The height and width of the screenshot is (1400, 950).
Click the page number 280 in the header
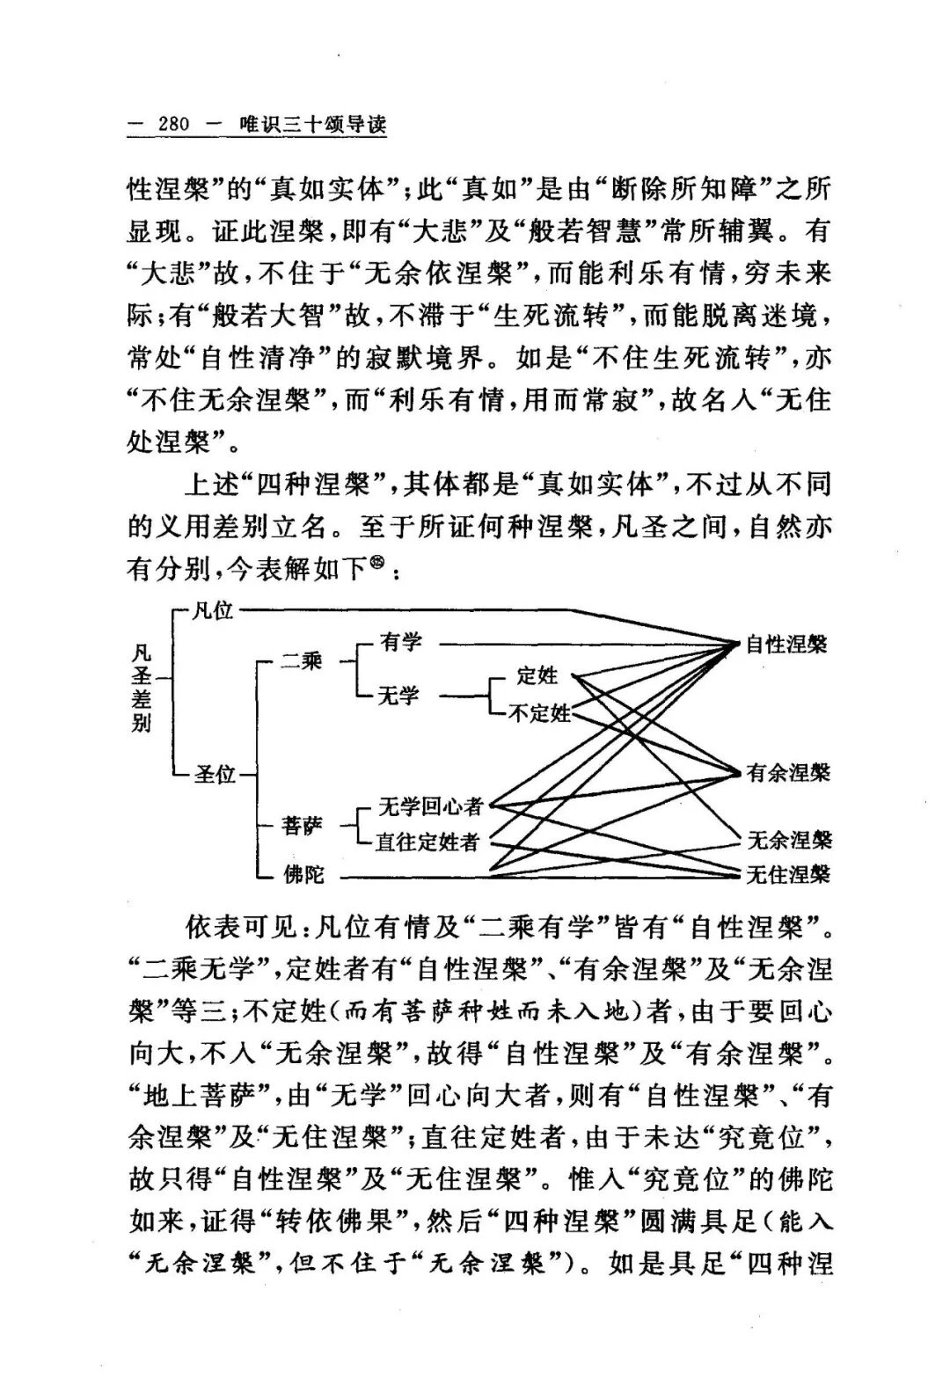coord(174,125)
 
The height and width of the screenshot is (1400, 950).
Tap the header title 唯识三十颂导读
coord(313,125)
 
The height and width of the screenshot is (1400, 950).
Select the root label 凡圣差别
coord(141,688)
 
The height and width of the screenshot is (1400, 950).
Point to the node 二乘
coord(302,661)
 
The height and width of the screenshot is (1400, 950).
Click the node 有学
coord(401,643)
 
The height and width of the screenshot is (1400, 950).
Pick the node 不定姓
coord(539,712)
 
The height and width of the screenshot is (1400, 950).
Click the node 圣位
coord(215,775)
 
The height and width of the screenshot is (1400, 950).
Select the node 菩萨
coord(303,826)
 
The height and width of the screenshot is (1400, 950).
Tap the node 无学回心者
coord(431,806)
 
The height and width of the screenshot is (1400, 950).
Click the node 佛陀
coord(303,876)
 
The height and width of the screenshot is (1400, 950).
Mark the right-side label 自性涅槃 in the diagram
coord(786,645)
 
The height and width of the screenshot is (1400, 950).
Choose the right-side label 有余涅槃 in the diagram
coord(788,773)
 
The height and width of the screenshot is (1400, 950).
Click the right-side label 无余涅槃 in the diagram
coord(789,840)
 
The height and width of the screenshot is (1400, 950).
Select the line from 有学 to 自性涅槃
coord(581,645)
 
